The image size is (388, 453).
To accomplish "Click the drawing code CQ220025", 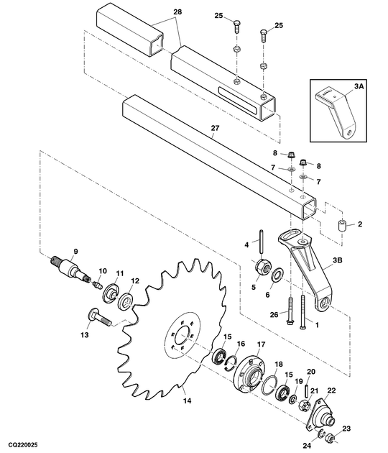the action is [23, 445].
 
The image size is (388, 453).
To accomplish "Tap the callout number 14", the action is [187, 401].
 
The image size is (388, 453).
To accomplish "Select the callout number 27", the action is [215, 128].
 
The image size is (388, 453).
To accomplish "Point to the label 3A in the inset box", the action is [359, 86].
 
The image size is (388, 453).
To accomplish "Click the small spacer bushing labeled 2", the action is [342, 225].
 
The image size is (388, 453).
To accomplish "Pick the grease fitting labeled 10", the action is [97, 285].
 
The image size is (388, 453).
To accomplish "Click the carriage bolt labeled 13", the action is [99, 317].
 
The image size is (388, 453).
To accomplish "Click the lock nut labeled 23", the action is [329, 439].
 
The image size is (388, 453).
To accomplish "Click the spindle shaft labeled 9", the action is [70, 268].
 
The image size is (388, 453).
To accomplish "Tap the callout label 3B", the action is [338, 260].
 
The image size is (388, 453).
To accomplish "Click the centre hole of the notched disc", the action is [183, 336].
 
